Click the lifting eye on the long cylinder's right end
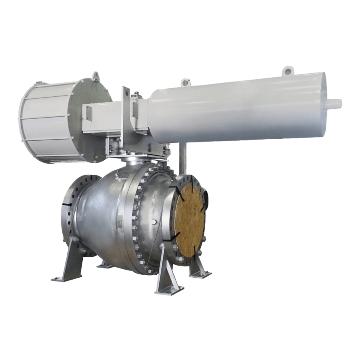point(287,70)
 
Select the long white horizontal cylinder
point(240,108)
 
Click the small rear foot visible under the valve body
point(102,264)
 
